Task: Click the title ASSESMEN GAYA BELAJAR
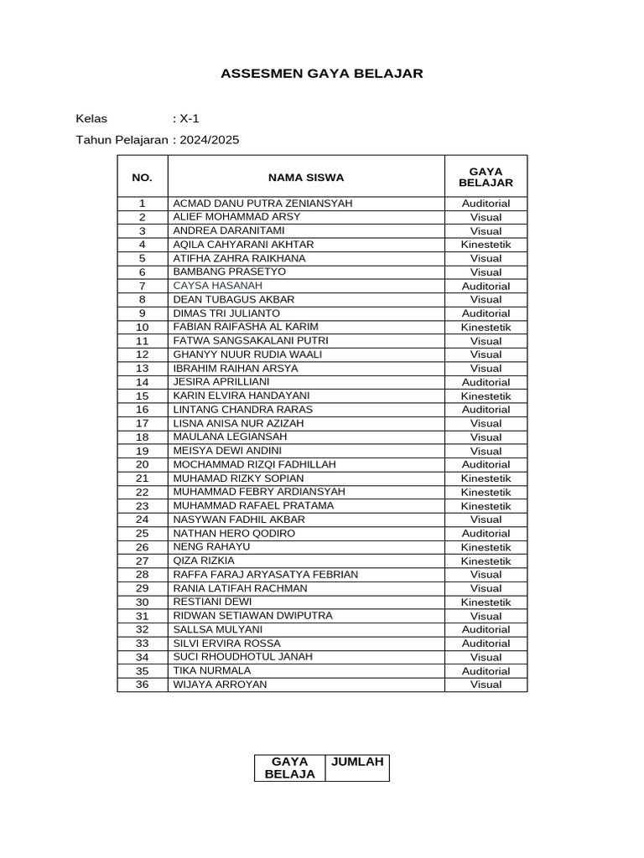click(322, 74)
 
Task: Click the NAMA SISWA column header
click(306, 177)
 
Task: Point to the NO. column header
click(143, 177)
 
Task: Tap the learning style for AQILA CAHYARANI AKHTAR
click(486, 245)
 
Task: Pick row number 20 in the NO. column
click(143, 464)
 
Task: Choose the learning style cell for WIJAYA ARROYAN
click(486, 685)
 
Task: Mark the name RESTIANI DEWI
click(212, 602)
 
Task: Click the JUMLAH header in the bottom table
click(357, 762)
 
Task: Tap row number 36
click(143, 685)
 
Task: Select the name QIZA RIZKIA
click(204, 561)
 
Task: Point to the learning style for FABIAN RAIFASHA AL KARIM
click(486, 328)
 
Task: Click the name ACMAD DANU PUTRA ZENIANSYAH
click(262, 204)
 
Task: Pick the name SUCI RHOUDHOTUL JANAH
click(242, 657)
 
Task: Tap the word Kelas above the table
click(91, 118)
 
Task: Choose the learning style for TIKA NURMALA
click(486, 671)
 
